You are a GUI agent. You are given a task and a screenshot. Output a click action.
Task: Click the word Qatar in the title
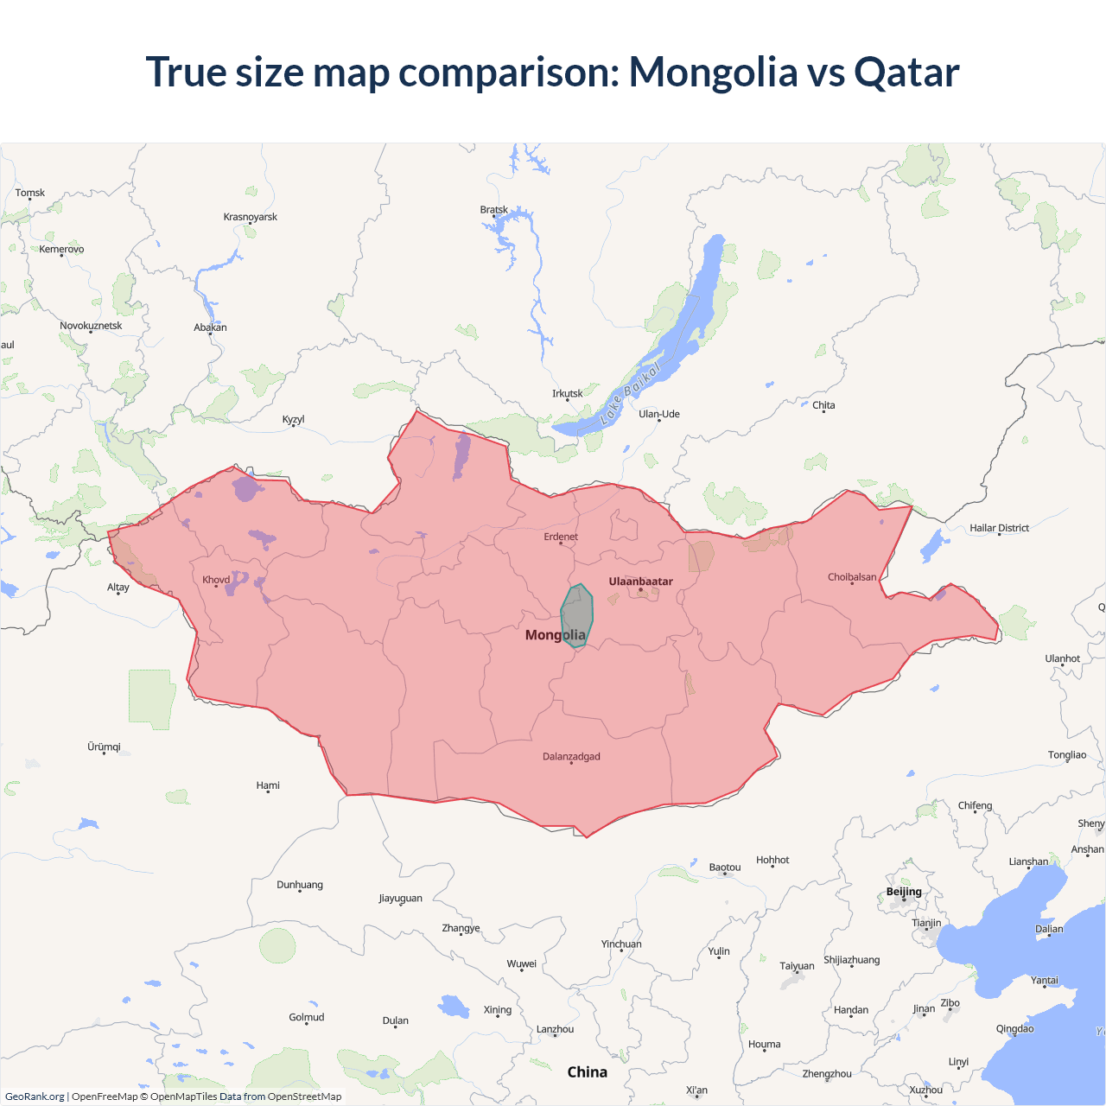pos(906,73)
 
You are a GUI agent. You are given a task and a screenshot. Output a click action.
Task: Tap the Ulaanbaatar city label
pos(640,582)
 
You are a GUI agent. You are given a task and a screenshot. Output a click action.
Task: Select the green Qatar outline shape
pos(577,615)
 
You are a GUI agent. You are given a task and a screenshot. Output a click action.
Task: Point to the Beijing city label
pos(904,892)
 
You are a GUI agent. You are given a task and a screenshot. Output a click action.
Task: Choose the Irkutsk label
pos(568,394)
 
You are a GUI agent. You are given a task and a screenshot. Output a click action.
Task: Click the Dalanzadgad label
pos(571,757)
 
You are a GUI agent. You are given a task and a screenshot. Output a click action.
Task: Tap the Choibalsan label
pos(852,577)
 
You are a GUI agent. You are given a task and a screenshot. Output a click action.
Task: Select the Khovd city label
pos(216,580)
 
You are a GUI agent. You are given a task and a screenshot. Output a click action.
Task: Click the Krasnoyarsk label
pos(251,217)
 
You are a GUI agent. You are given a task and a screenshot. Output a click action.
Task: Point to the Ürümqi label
pos(104,747)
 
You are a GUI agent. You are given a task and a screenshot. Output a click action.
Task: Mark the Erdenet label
pos(561,537)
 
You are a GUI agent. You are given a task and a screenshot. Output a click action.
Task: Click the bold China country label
pos(588,1072)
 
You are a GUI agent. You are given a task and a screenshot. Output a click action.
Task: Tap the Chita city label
pos(823,405)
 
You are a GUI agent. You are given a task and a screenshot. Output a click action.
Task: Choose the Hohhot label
pos(772,860)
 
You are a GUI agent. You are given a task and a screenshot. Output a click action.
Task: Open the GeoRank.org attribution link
pos(35,1096)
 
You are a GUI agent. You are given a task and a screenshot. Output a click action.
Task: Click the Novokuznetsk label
pos(91,326)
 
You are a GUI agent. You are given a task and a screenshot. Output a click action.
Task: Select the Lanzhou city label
pos(555,1029)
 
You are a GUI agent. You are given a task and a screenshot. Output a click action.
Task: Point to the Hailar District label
pos(999,528)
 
